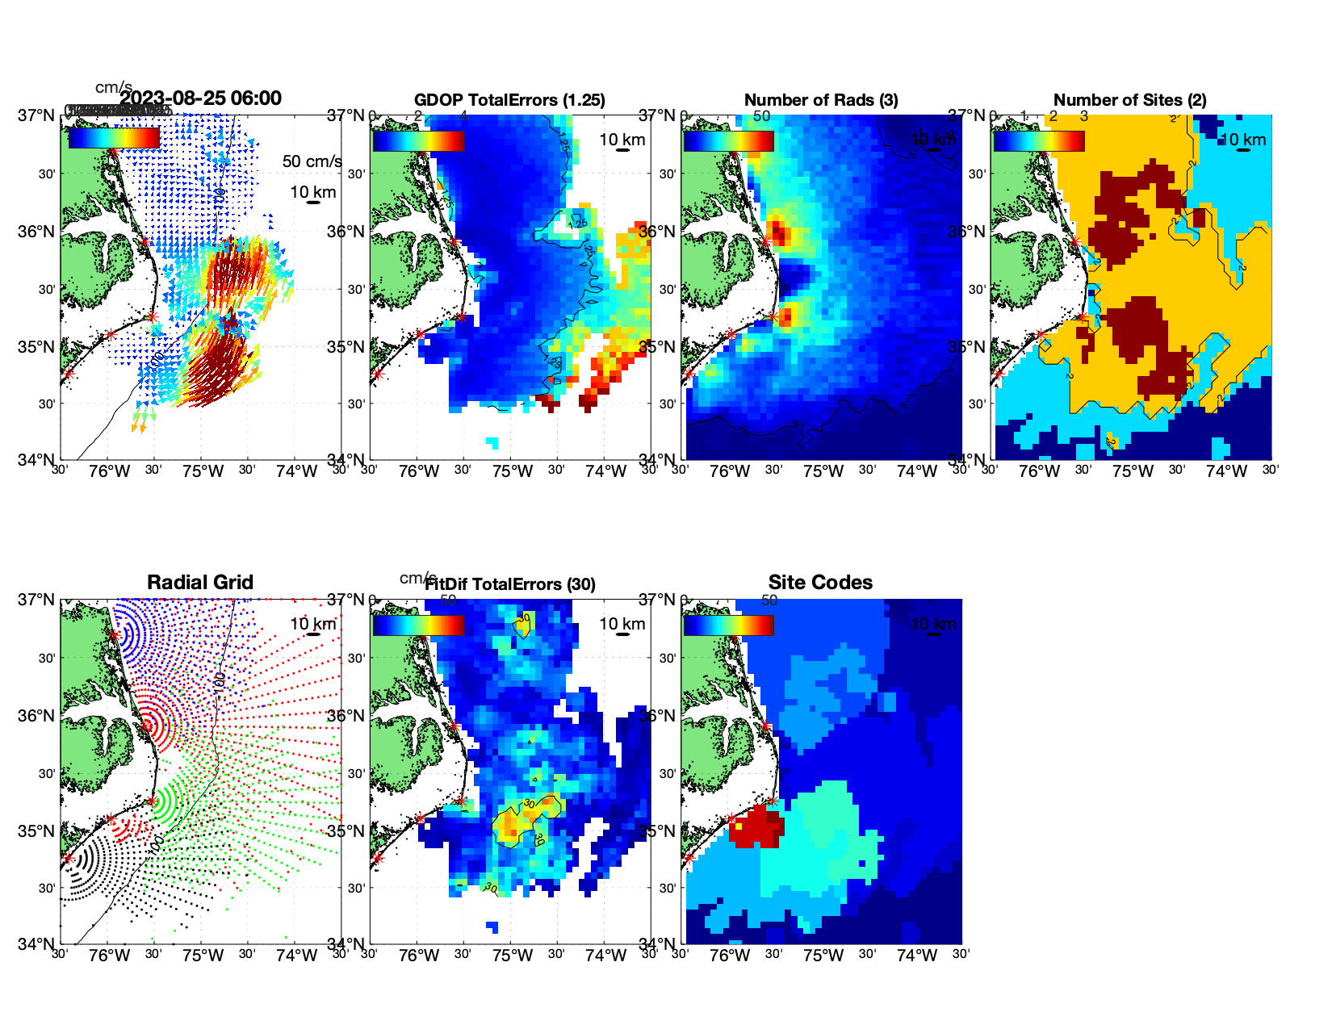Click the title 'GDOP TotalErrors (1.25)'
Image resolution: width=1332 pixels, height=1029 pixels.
tap(509, 100)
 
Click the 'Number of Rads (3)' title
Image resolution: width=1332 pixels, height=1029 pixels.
tap(821, 100)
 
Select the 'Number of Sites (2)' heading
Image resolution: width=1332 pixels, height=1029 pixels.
tap(1129, 100)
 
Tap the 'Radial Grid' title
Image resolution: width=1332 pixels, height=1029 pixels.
tap(200, 583)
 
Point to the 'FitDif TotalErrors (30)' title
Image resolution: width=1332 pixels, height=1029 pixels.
tap(510, 584)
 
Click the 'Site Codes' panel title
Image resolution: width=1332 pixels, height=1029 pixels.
tap(820, 583)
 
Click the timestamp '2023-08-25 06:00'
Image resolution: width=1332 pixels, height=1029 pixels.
tap(200, 98)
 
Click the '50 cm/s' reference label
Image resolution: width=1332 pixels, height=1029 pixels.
tap(312, 161)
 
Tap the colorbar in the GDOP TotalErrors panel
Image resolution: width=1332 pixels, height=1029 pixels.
tap(418, 140)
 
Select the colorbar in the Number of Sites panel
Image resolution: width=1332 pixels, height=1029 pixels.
tap(1039, 140)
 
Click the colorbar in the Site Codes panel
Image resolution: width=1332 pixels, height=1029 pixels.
tap(728, 625)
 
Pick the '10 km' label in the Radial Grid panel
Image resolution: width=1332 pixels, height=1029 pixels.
tap(312, 624)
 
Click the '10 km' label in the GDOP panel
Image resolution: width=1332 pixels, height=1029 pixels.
tap(622, 140)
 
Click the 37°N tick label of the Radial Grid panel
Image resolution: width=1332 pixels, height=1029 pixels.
tap(36, 600)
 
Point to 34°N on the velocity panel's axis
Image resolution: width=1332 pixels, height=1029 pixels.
tap(36, 460)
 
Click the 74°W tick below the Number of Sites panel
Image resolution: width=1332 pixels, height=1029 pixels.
tap(1226, 471)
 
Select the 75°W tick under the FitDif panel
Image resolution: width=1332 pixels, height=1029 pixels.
tap(513, 956)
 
